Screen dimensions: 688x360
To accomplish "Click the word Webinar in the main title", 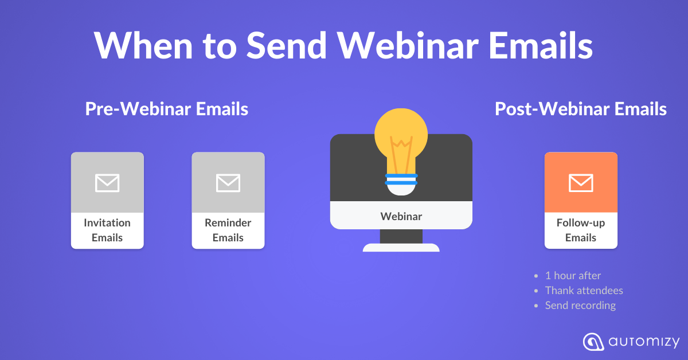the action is pyautogui.click(x=408, y=45).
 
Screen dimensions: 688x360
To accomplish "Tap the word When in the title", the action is pyautogui.click(x=143, y=45).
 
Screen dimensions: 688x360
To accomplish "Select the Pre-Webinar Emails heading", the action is pyautogui.click(x=167, y=109).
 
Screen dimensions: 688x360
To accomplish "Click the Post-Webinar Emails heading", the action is pyautogui.click(x=581, y=109).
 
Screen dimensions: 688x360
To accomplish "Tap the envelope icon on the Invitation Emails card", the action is pyautogui.click(x=107, y=183).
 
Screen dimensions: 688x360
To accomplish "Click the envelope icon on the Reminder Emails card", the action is pyautogui.click(x=228, y=183).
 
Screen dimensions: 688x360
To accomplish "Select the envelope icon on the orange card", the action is pyautogui.click(x=581, y=183).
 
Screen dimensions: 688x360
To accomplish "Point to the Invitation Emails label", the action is pyautogui.click(x=107, y=230).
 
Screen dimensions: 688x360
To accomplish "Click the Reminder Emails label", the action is pyautogui.click(x=228, y=230).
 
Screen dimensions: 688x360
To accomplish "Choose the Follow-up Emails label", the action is pyautogui.click(x=581, y=230).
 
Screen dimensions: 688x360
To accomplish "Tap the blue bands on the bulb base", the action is pyautogui.click(x=401, y=179).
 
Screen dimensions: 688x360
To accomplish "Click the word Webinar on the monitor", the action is pyautogui.click(x=401, y=217).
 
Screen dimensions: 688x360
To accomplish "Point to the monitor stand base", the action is pyautogui.click(x=401, y=247).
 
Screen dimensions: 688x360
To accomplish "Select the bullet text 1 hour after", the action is pyautogui.click(x=573, y=276).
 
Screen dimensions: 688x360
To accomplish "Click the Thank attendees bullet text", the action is pyautogui.click(x=584, y=291).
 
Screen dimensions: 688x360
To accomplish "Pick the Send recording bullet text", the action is pyautogui.click(x=580, y=306).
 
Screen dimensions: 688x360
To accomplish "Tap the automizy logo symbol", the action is pyautogui.click(x=593, y=342).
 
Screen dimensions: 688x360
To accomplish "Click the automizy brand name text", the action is pyautogui.click(x=644, y=342).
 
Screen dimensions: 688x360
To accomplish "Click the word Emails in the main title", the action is pyautogui.click(x=541, y=45).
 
